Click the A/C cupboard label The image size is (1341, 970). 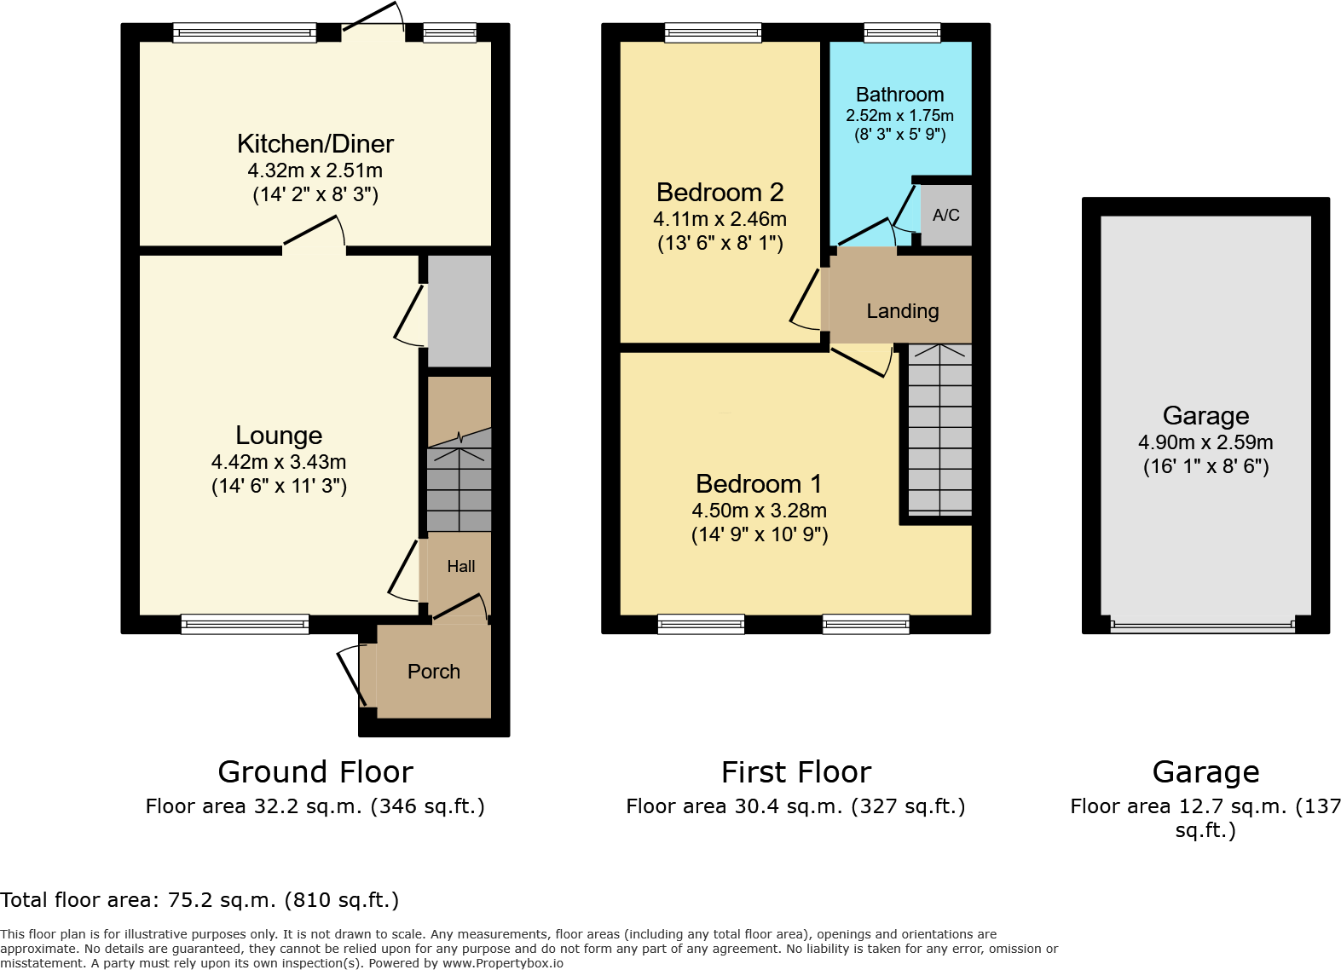tap(946, 215)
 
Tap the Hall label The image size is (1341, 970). tap(461, 566)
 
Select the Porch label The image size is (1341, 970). tap(433, 672)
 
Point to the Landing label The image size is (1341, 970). tap(903, 311)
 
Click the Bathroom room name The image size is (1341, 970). tap(899, 95)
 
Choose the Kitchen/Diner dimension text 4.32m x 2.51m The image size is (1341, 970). tap(315, 170)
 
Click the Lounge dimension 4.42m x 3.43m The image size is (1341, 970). tap(279, 462)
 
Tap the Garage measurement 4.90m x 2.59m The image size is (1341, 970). tap(1205, 442)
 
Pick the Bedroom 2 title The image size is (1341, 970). tap(720, 193)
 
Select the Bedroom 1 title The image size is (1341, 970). tap(759, 483)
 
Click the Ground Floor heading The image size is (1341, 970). tap(315, 772)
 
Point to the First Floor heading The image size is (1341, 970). tap(796, 772)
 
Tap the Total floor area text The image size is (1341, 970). tap(199, 900)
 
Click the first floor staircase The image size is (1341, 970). tap(940, 430)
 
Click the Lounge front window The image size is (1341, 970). tap(245, 624)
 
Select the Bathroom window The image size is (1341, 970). tap(902, 32)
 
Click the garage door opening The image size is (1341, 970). tap(1203, 626)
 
